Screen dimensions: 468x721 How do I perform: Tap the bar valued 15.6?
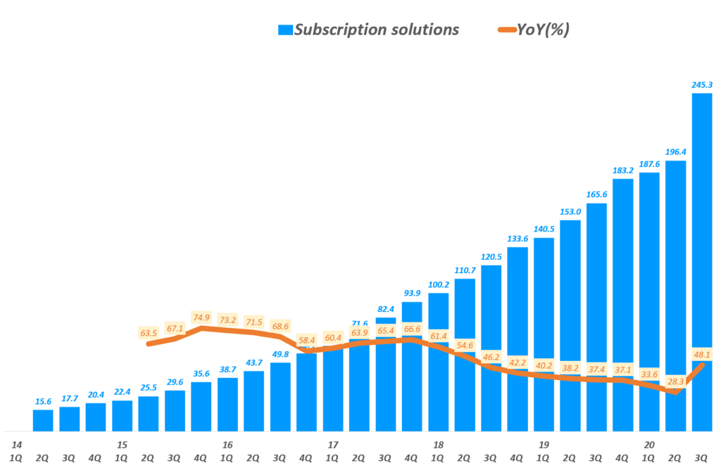click(x=43, y=420)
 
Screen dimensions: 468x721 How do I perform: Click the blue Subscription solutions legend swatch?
click(x=285, y=30)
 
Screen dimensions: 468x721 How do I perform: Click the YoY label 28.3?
click(x=676, y=381)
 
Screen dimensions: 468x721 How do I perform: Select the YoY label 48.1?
click(x=702, y=355)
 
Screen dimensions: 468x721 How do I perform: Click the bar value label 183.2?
click(x=623, y=170)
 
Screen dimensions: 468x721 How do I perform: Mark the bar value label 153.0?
click(x=570, y=212)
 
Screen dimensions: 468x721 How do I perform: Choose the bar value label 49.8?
click(x=280, y=354)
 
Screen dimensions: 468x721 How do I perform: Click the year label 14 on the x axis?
click(x=16, y=445)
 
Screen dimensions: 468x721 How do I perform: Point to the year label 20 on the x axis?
click(x=649, y=445)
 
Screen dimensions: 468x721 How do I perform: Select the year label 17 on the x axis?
click(x=333, y=445)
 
